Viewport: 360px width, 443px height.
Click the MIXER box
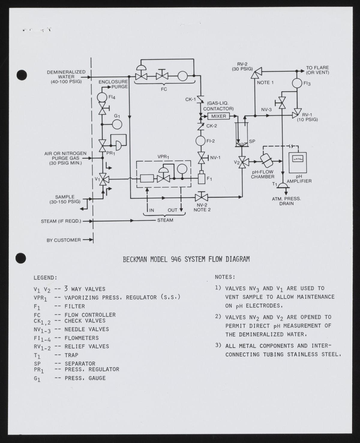(219, 116)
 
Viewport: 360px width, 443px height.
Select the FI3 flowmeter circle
(297, 83)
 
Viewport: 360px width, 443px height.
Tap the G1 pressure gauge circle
(117, 124)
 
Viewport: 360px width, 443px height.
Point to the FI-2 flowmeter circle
(200, 141)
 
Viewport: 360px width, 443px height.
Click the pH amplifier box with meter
(298, 163)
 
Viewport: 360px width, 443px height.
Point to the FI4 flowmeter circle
(102, 97)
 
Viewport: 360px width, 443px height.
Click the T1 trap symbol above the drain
(282, 185)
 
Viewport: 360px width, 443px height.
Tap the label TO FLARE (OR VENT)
(317, 70)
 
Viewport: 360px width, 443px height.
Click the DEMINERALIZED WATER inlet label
(66, 76)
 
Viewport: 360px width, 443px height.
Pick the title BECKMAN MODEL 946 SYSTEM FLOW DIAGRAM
(186, 259)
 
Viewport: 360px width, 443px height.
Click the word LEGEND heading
(45, 278)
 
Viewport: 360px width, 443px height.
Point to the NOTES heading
(225, 277)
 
